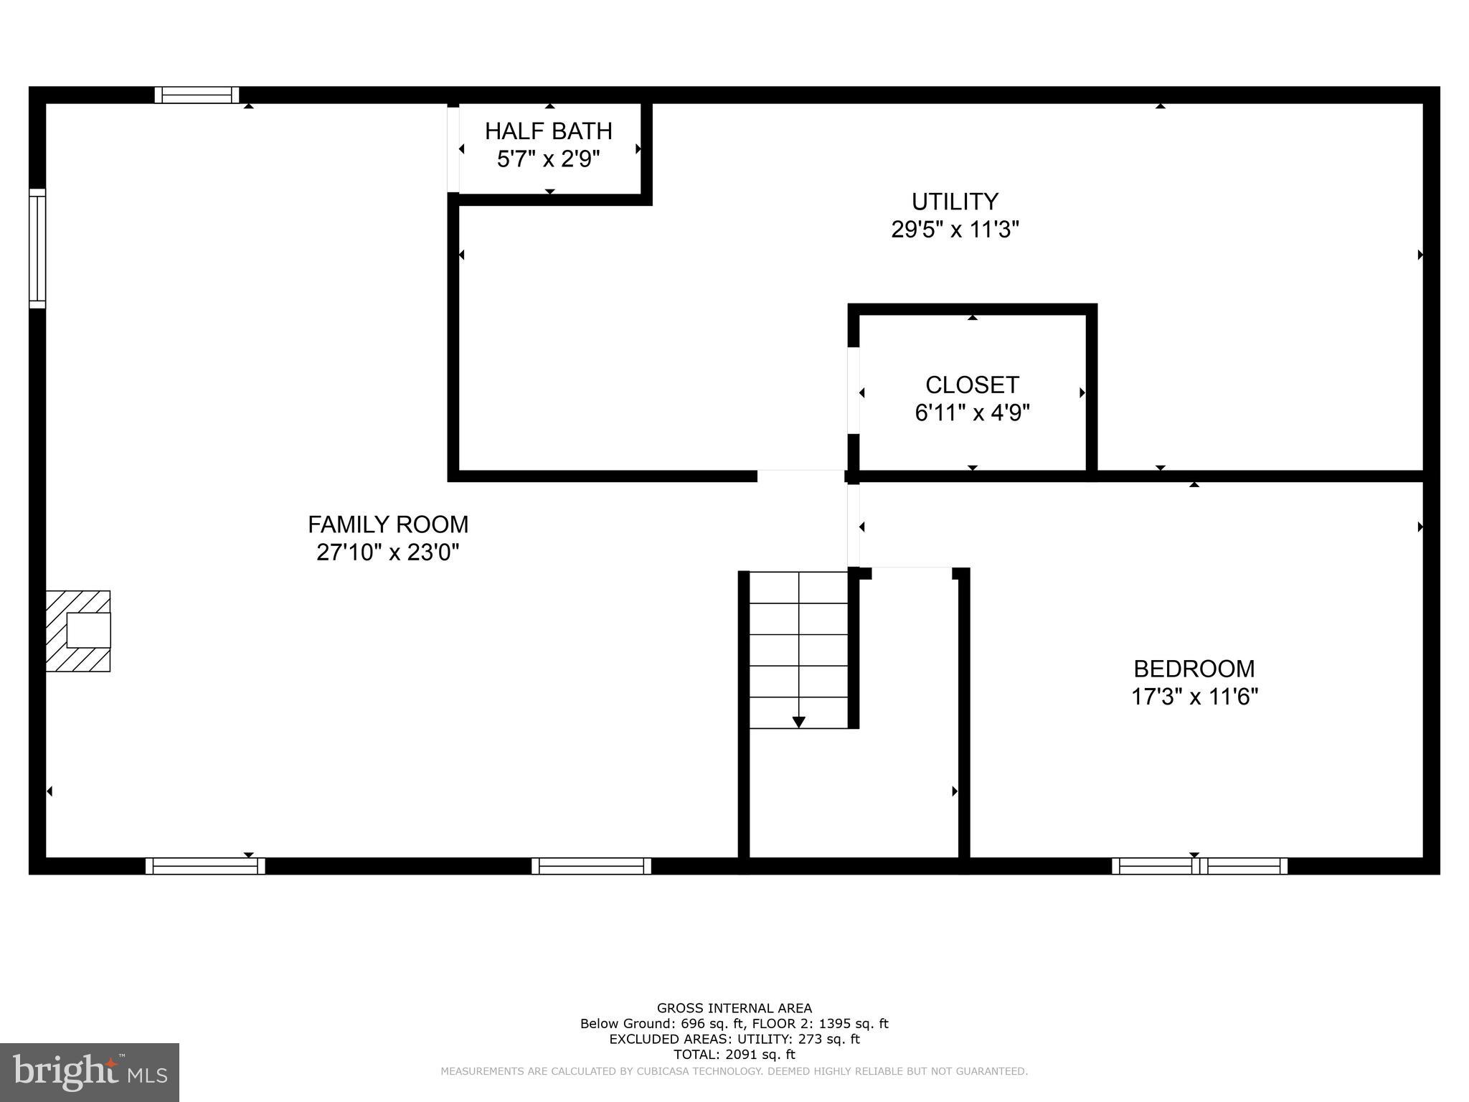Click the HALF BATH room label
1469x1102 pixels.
pos(549,131)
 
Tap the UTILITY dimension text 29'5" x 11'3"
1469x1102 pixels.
pos(955,230)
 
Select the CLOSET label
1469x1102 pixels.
pos(972,385)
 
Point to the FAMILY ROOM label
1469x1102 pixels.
pos(388,524)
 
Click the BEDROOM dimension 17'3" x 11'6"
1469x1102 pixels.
pos(1194,697)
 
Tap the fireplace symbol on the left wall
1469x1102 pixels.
pos(78,631)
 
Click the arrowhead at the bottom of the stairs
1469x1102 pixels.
pos(798,722)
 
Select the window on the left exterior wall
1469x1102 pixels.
pos(37,248)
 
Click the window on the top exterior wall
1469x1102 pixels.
pos(197,95)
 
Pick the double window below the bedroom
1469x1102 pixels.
pos(1199,866)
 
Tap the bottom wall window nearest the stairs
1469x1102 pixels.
pos(591,866)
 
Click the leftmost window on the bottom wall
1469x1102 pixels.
pos(205,866)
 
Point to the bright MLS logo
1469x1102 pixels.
pos(90,1072)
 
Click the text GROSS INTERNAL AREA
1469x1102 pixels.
pos(734,1008)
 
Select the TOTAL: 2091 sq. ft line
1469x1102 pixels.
pos(734,1055)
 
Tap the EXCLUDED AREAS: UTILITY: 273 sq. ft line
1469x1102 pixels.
pos(734,1039)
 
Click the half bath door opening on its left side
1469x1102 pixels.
pos(453,149)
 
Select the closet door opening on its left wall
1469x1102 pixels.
pos(854,391)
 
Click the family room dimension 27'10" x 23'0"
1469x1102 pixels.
pos(388,552)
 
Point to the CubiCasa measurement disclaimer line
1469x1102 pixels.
pos(734,1071)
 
